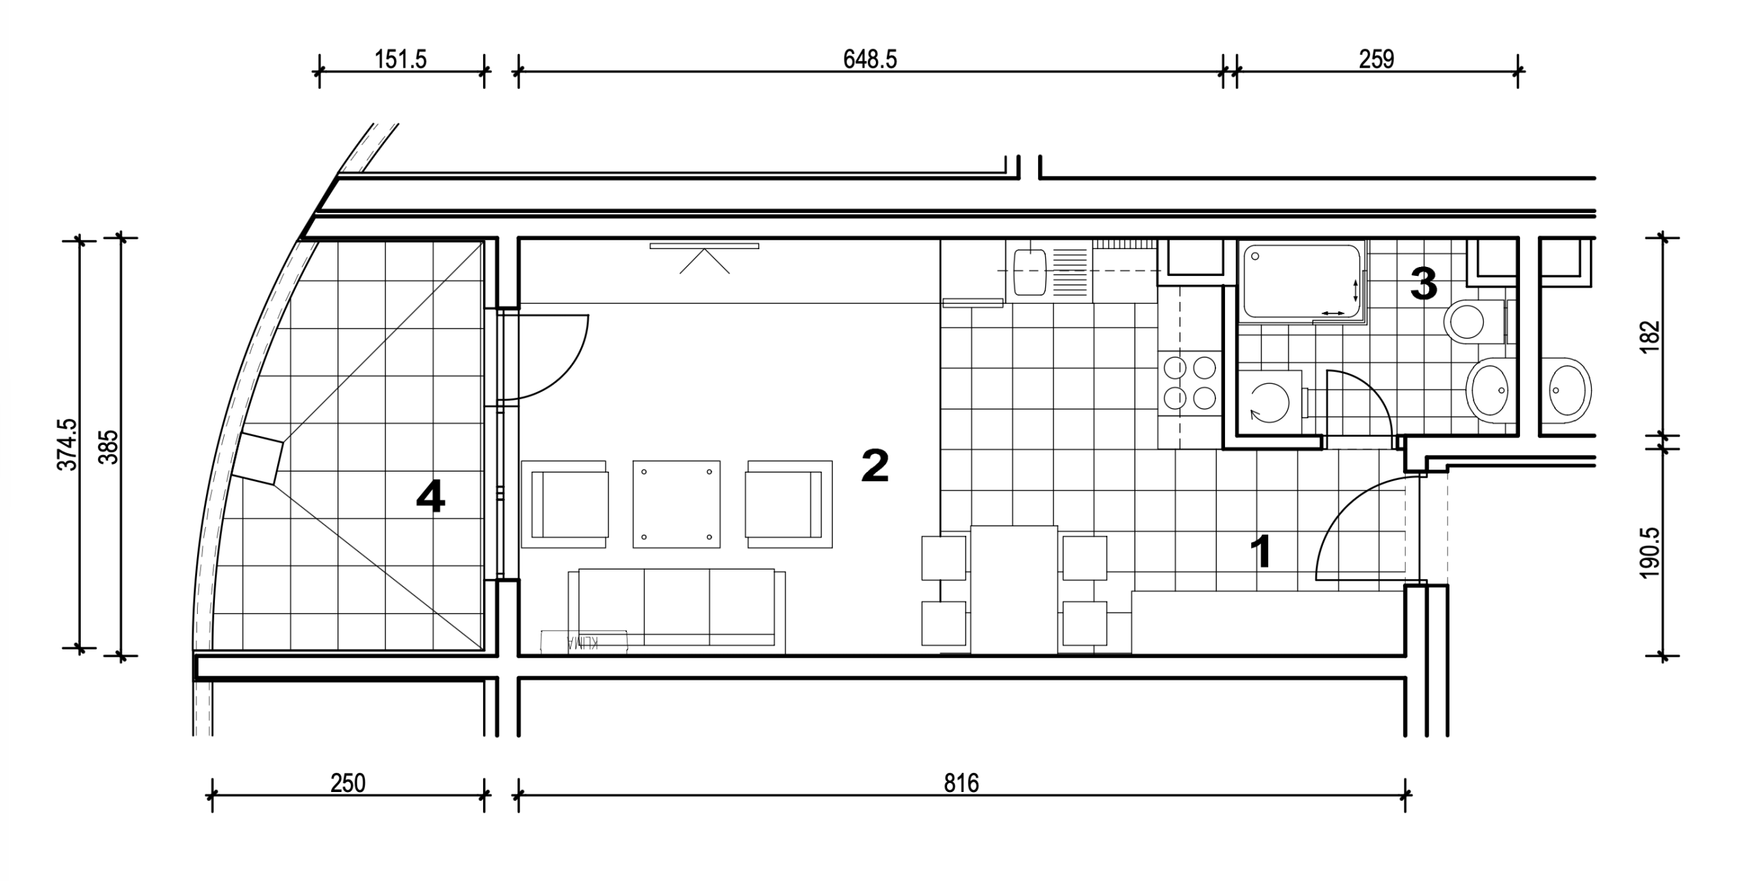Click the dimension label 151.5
click(400, 60)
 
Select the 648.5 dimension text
click(870, 60)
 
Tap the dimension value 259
click(1376, 60)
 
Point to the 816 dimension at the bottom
click(962, 782)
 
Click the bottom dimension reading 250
click(348, 782)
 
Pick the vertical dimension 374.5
click(68, 444)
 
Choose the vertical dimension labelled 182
click(1650, 336)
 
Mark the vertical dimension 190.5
click(1650, 553)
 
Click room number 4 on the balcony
click(430, 496)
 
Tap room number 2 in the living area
click(875, 465)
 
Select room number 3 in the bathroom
click(1423, 284)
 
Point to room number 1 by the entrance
click(1261, 552)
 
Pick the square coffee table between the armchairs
click(676, 504)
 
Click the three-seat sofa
click(677, 607)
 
